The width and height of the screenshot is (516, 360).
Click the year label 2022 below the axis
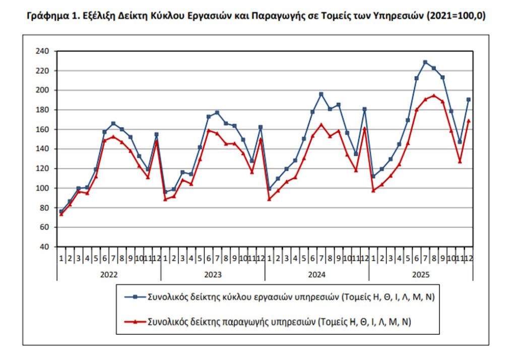pos(109,275)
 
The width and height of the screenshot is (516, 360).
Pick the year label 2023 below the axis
pos(213,275)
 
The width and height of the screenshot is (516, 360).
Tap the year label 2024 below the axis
pos(316,275)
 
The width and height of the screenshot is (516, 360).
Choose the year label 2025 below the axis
pos(421,275)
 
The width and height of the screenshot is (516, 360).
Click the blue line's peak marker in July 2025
pos(425,62)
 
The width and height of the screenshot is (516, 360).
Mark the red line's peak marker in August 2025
pos(434,95)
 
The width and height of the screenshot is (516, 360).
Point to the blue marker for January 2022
pos(61,212)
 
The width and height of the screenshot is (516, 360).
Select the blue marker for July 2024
pos(321,94)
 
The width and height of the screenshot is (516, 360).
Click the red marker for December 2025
pos(469,121)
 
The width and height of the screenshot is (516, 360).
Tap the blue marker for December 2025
pos(469,99)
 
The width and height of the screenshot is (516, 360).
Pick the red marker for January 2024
pos(269,199)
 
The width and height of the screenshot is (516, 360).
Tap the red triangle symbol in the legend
pos(135,321)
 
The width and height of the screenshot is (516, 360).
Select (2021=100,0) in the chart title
pos(457,16)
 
